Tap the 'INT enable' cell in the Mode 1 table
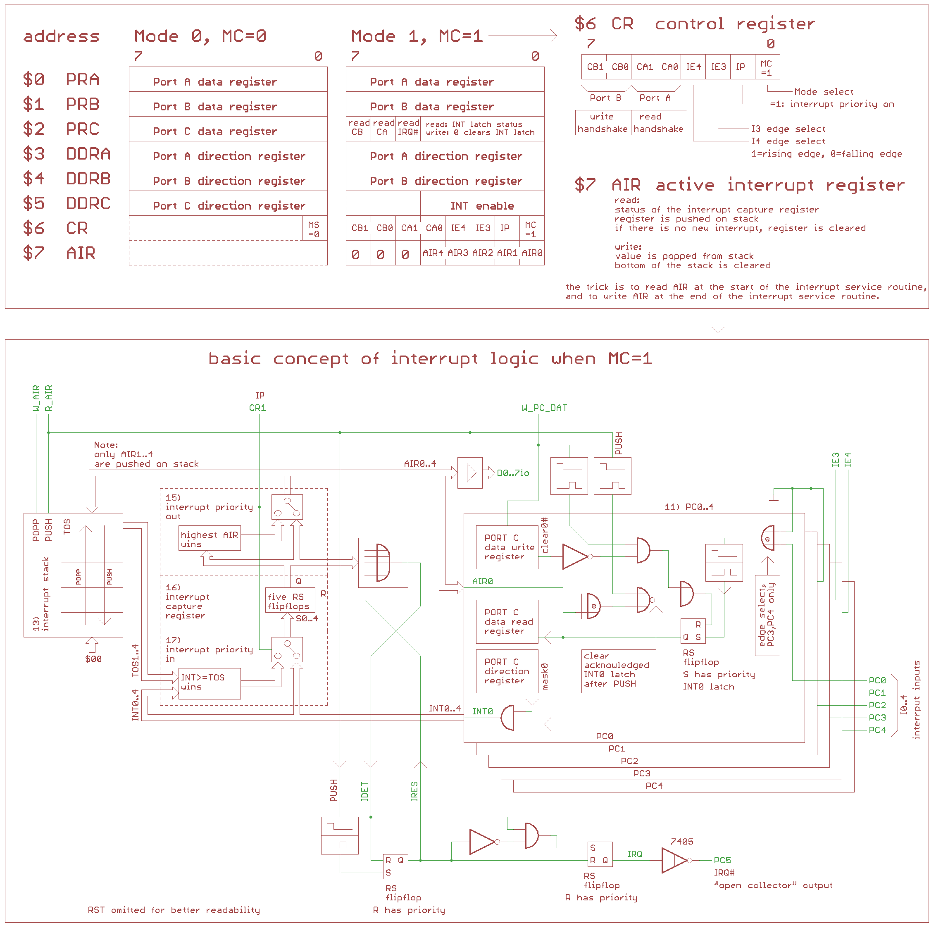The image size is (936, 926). click(x=481, y=206)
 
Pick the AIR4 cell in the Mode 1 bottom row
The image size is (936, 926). click(x=433, y=253)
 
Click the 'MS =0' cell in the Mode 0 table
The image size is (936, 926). click(x=314, y=229)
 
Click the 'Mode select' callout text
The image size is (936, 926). click(x=824, y=92)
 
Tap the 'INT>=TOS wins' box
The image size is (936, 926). click(x=209, y=682)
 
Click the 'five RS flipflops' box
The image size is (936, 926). click(x=289, y=601)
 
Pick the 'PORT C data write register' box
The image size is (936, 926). click(x=507, y=547)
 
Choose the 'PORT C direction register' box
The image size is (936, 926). click(x=507, y=671)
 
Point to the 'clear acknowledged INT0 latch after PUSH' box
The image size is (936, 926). click(x=618, y=670)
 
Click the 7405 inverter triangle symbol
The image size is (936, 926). click(x=674, y=860)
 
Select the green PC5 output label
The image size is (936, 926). click(x=722, y=860)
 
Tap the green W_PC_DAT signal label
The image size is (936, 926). click(x=544, y=408)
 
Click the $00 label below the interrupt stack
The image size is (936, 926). click(x=93, y=659)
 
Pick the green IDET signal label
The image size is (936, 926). click(x=365, y=791)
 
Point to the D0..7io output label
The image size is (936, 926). click(x=513, y=473)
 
